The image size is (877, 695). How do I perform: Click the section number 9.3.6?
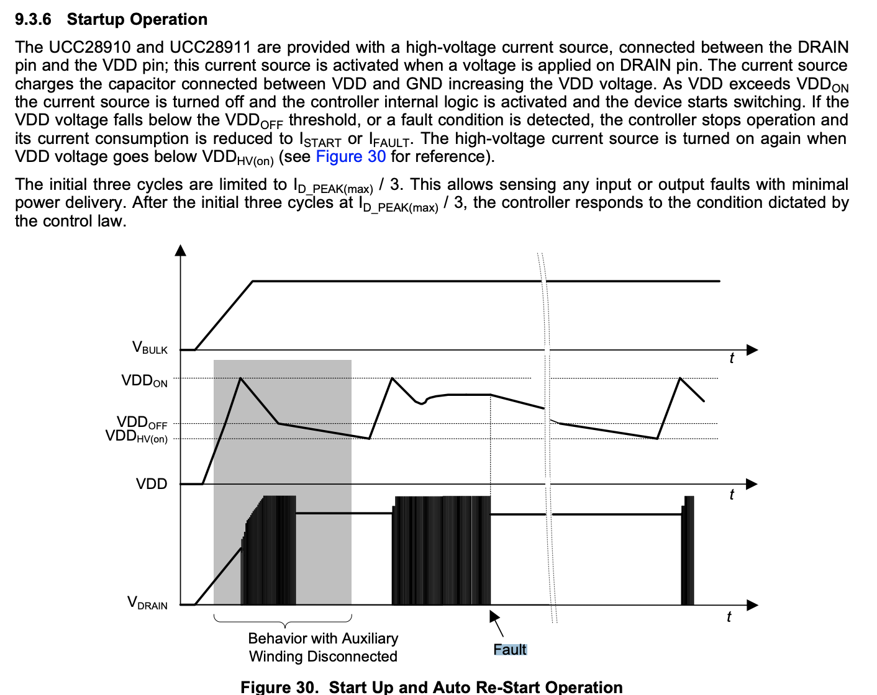pyautogui.click(x=33, y=19)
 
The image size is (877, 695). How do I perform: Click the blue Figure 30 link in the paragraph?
pyautogui.click(x=351, y=156)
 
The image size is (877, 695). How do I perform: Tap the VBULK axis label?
pyautogui.click(x=150, y=347)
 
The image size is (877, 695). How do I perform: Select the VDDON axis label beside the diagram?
pyautogui.click(x=144, y=381)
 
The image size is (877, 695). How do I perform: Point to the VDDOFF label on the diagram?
pyautogui.click(x=142, y=423)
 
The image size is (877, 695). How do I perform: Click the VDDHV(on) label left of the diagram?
pyautogui.click(x=137, y=437)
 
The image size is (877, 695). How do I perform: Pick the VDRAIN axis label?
pyautogui.click(x=147, y=603)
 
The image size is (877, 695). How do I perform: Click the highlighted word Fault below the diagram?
pyautogui.click(x=510, y=650)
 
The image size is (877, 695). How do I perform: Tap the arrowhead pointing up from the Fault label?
pyautogui.click(x=494, y=616)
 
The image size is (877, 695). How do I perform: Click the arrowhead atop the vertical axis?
pyautogui.click(x=181, y=250)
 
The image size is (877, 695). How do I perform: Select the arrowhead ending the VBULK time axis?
pyautogui.click(x=752, y=350)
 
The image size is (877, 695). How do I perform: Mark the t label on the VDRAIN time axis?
pyautogui.click(x=729, y=617)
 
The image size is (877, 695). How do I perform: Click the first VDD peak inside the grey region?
pyautogui.click(x=240, y=378)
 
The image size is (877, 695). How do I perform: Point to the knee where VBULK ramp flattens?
pyautogui.click(x=253, y=281)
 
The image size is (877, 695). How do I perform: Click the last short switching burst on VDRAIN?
pyautogui.click(x=688, y=550)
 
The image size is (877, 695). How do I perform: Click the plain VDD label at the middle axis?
pyautogui.click(x=152, y=484)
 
